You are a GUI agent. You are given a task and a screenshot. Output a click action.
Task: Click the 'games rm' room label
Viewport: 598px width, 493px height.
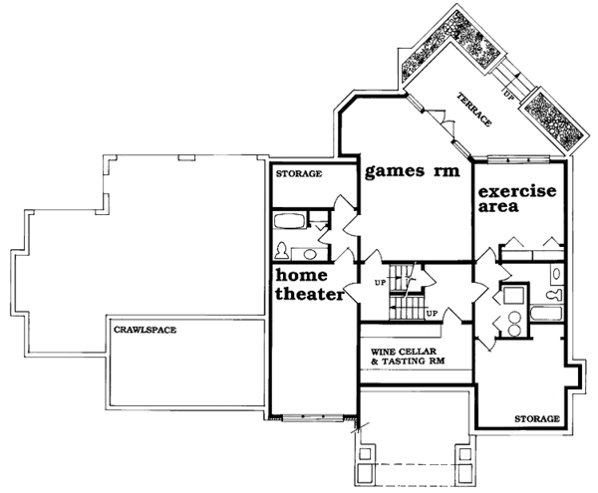click(412, 170)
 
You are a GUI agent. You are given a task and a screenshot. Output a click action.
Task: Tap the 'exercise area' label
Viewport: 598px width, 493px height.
click(514, 199)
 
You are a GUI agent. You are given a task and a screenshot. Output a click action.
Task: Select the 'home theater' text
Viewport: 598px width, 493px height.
click(309, 285)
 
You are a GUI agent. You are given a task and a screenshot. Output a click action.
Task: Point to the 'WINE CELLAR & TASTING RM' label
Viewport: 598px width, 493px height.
click(408, 356)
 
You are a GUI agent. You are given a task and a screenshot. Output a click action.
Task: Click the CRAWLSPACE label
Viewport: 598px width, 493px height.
click(144, 329)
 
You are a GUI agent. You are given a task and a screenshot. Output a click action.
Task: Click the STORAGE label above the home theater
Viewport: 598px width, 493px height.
click(299, 174)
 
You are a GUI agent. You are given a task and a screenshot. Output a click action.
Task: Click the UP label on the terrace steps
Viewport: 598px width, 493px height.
click(508, 98)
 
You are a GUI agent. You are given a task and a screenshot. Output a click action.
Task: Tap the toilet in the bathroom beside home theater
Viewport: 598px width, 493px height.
click(282, 249)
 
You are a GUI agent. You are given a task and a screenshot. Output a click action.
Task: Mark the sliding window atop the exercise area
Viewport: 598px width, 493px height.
click(517, 158)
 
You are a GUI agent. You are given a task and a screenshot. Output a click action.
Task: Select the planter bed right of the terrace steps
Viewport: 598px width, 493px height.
click(553, 114)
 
